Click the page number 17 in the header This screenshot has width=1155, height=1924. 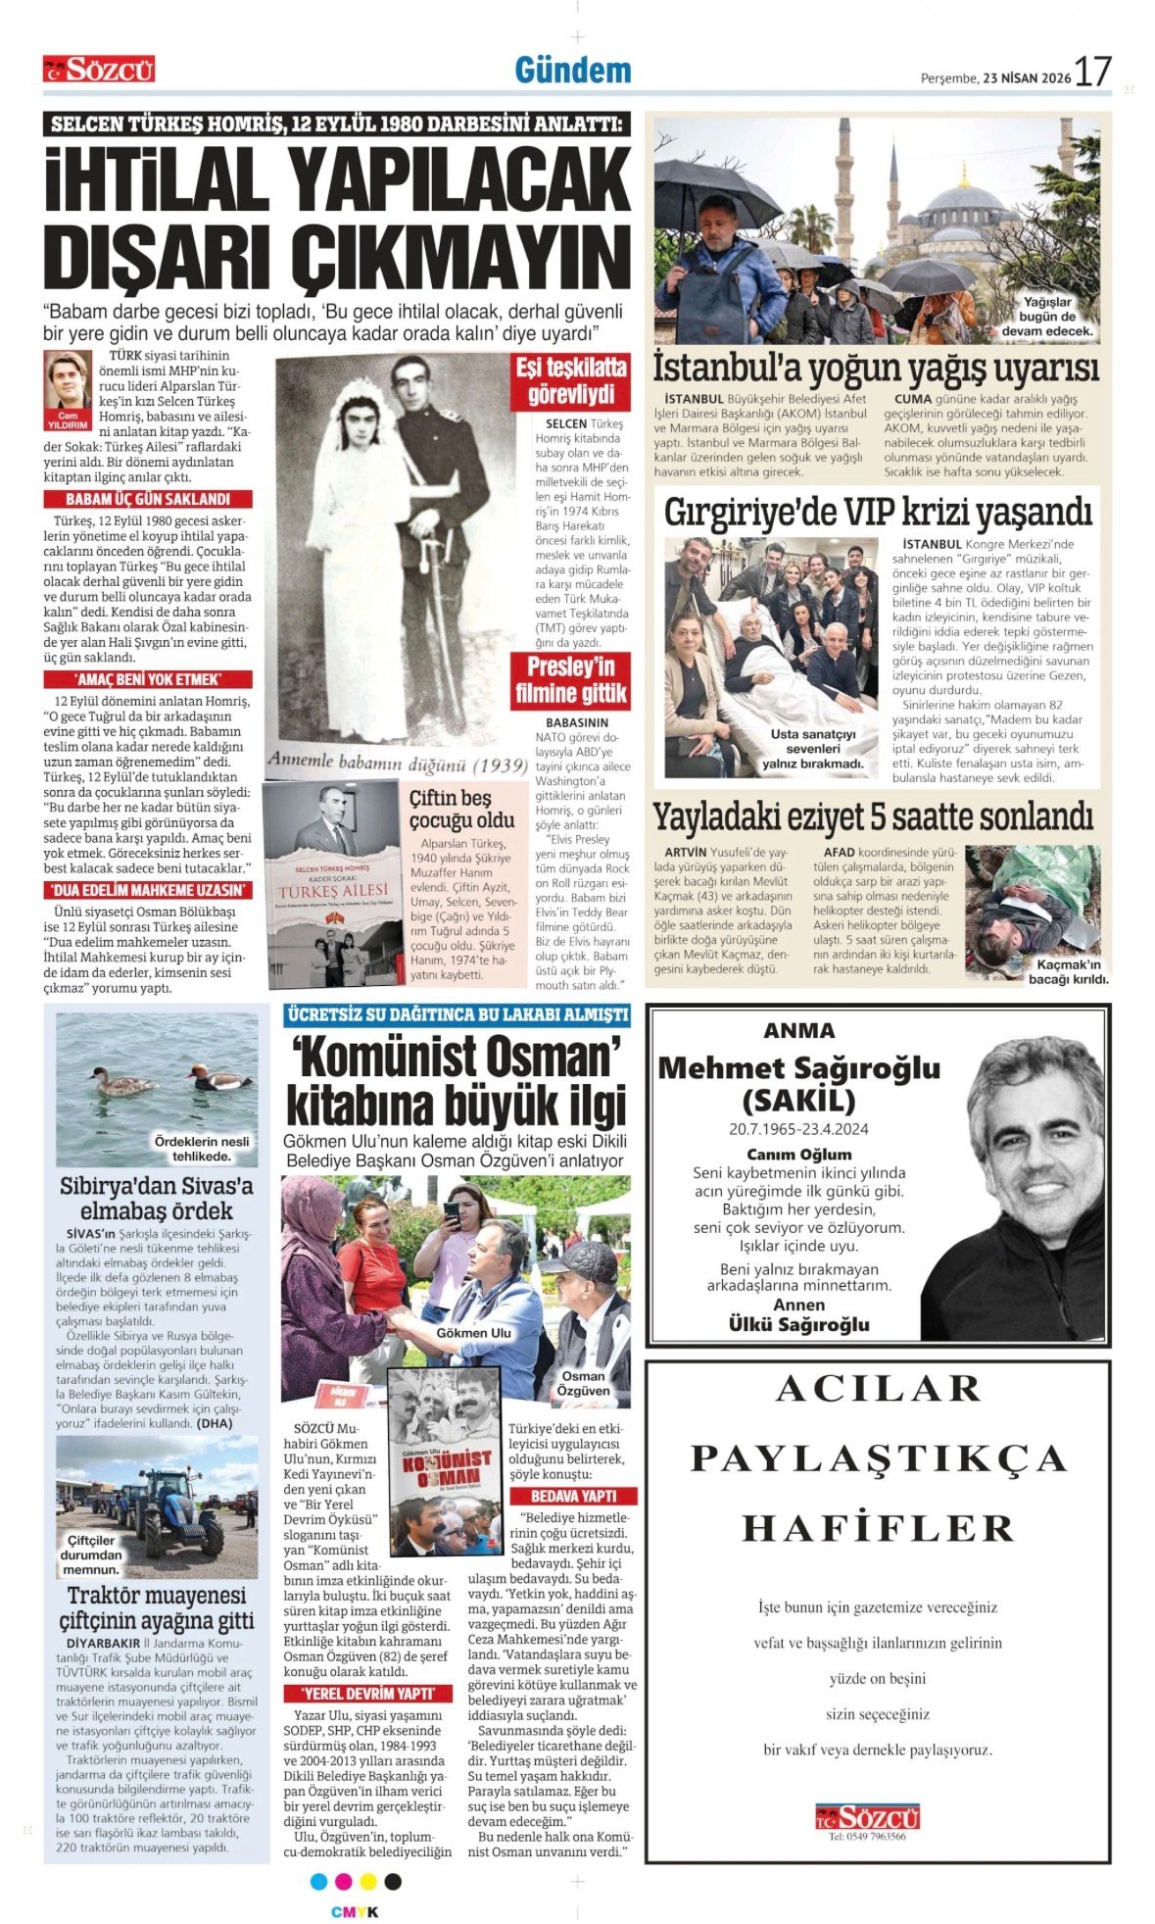pyautogui.click(x=1092, y=72)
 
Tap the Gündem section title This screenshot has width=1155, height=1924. pyautogui.click(x=573, y=71)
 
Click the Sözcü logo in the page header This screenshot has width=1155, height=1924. pyautogui.click(x=99, y=69)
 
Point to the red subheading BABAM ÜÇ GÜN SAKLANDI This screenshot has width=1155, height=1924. pyautogui.click(x=147, y=499)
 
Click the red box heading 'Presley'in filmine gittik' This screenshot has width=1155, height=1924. pyautogui.click(x=570, y=680)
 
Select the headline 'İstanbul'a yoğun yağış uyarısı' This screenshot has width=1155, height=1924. pyautogui.click(x=876, y=370)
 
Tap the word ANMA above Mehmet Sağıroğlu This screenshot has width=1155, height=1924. pyautogui.click(x=798, y=1030)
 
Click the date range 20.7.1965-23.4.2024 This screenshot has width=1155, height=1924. pyautogui.click(x=798, y=1129)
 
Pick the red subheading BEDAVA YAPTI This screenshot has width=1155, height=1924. pyautogui.click(x=573, y=1496)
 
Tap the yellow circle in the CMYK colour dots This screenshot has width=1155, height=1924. pyautogui.click(x=367, y=1881)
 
